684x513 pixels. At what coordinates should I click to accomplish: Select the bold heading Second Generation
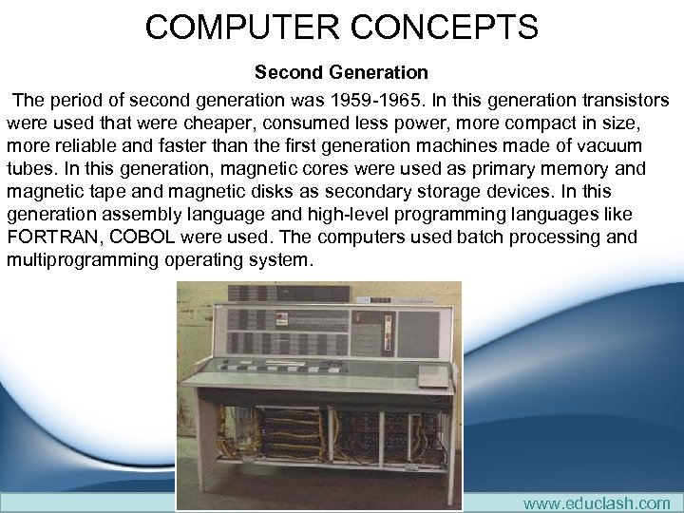[341, 72]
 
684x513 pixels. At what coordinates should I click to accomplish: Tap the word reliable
[90, 145]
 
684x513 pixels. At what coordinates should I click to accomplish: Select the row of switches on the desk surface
[285, 368]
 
